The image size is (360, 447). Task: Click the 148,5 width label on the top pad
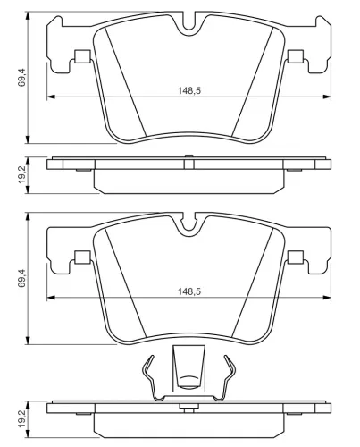[x=189, y=90]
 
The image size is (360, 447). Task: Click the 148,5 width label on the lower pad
[x=189, y=291]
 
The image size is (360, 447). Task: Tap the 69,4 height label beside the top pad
[x=21, y=78]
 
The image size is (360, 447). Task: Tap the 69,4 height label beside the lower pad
[x=21, y=278]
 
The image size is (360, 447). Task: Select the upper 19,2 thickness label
[x=21, y=175]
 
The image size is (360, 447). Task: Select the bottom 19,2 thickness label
[x=21, y=418]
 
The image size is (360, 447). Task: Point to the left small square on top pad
[x=82, y=56]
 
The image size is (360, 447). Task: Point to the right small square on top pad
[x=296, y=56]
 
